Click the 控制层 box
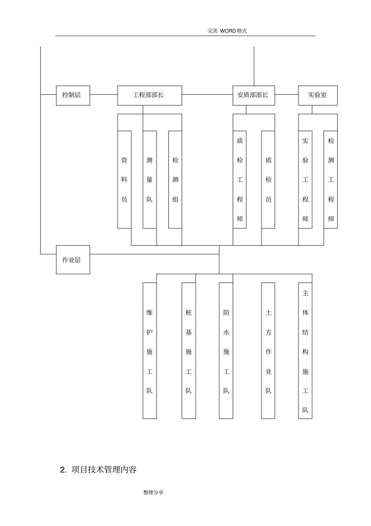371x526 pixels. tap(73, 95)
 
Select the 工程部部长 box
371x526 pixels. tap(150, 95)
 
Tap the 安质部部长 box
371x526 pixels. tap(254, 95)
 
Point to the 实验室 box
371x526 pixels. tap(318, 95)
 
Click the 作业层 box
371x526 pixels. tap(73, 259)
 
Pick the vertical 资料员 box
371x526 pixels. tap(124, 180)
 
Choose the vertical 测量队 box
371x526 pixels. tap(150, 180)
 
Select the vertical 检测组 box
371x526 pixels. tap(175, 180)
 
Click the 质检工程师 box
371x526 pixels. tap(239, 180)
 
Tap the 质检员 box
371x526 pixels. tap(268, 180)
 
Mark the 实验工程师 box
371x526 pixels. tap(305, 180)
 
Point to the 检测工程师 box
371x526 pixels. tap(331, 180)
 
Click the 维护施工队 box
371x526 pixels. tap(150, 350)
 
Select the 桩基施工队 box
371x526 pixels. tap(189, 350)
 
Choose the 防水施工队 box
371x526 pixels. tap(226, 350)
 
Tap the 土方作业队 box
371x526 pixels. tap(268, 350)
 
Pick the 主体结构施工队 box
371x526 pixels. tap(305, 350)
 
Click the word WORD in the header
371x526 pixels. tap(228, 31)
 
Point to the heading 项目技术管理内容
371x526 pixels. tap(104, 469)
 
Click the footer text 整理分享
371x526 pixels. tap(153, 492)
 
